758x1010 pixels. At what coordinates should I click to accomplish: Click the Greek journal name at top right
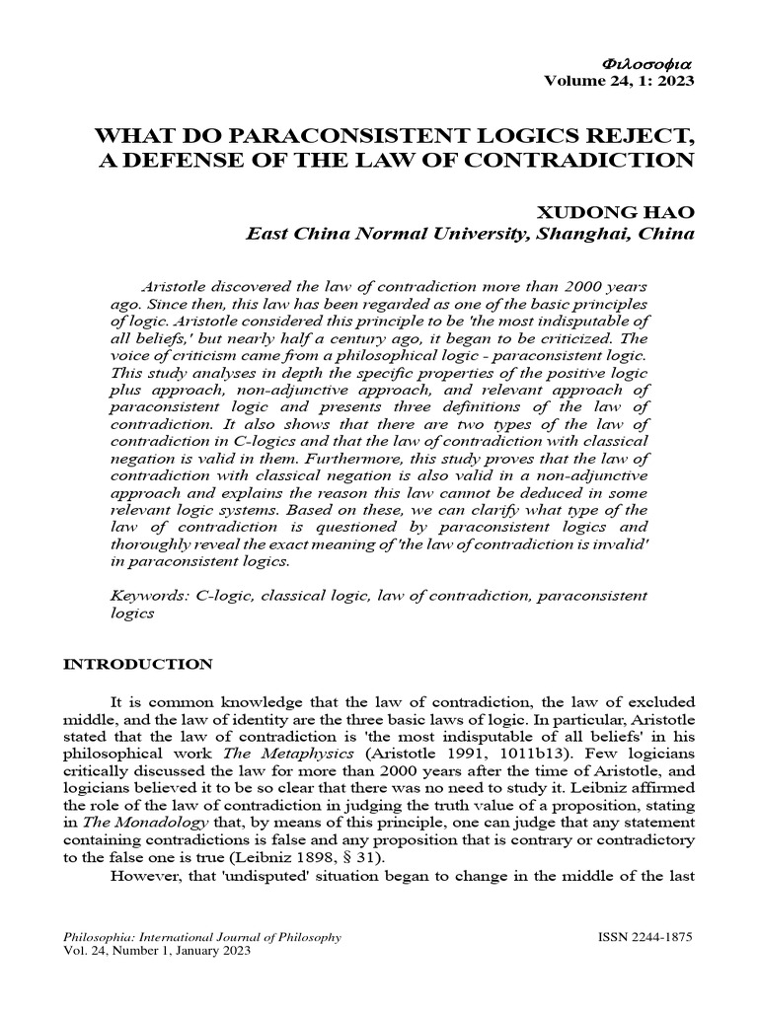pos(646,64)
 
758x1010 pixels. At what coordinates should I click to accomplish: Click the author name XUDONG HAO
pos(614,212)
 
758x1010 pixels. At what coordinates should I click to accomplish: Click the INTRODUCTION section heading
pos(136,664)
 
